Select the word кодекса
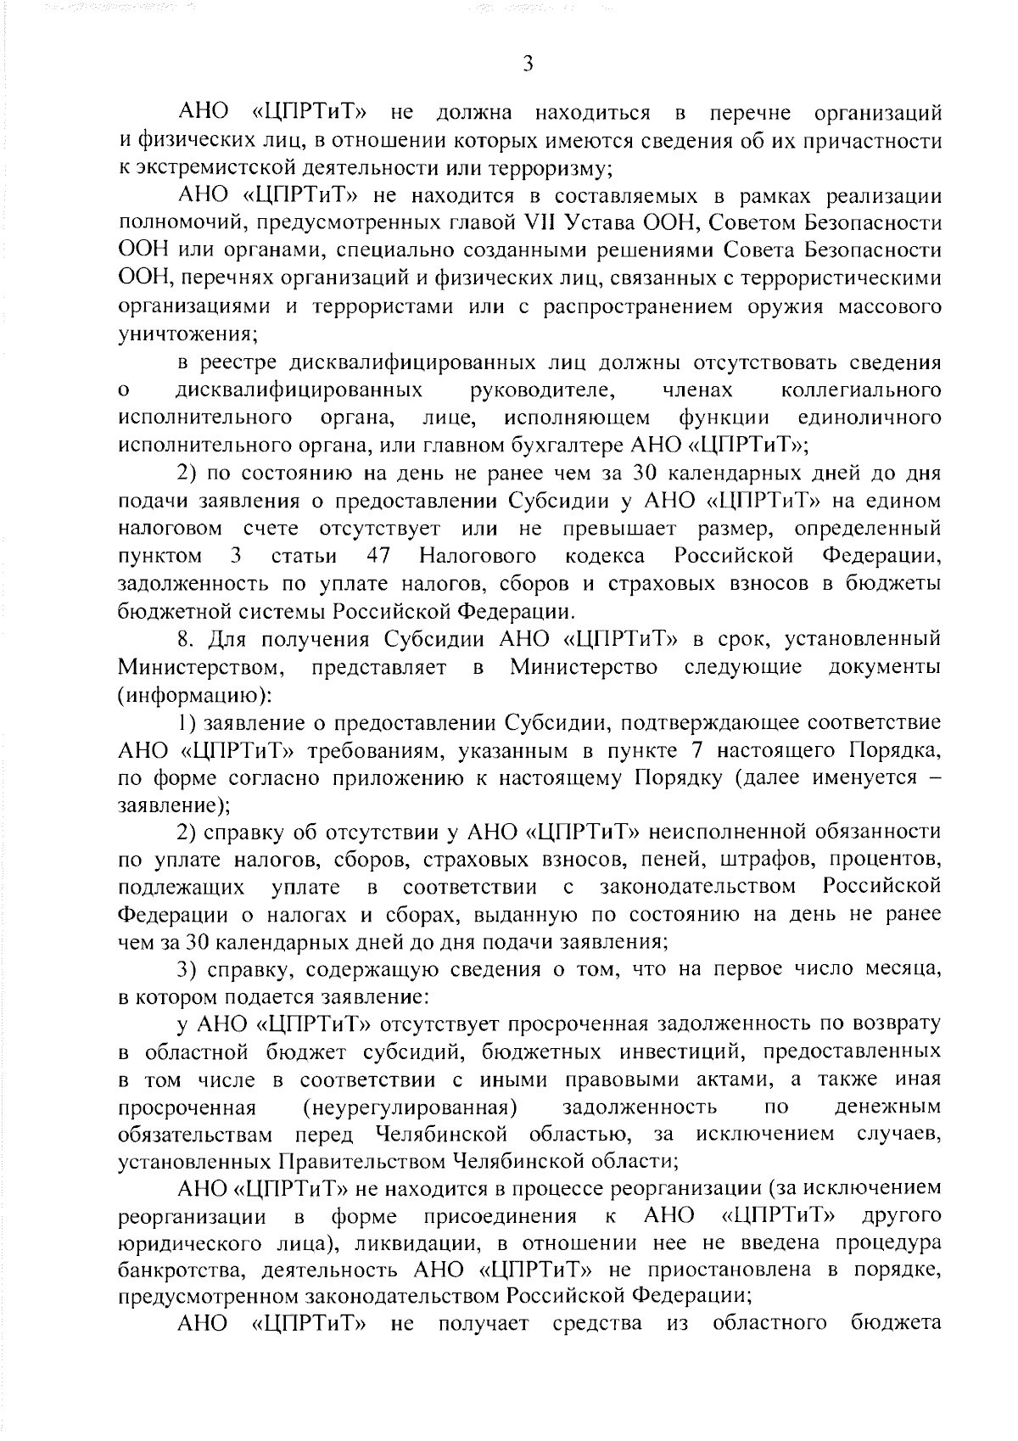(605, 556)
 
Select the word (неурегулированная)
(411, 1107)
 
